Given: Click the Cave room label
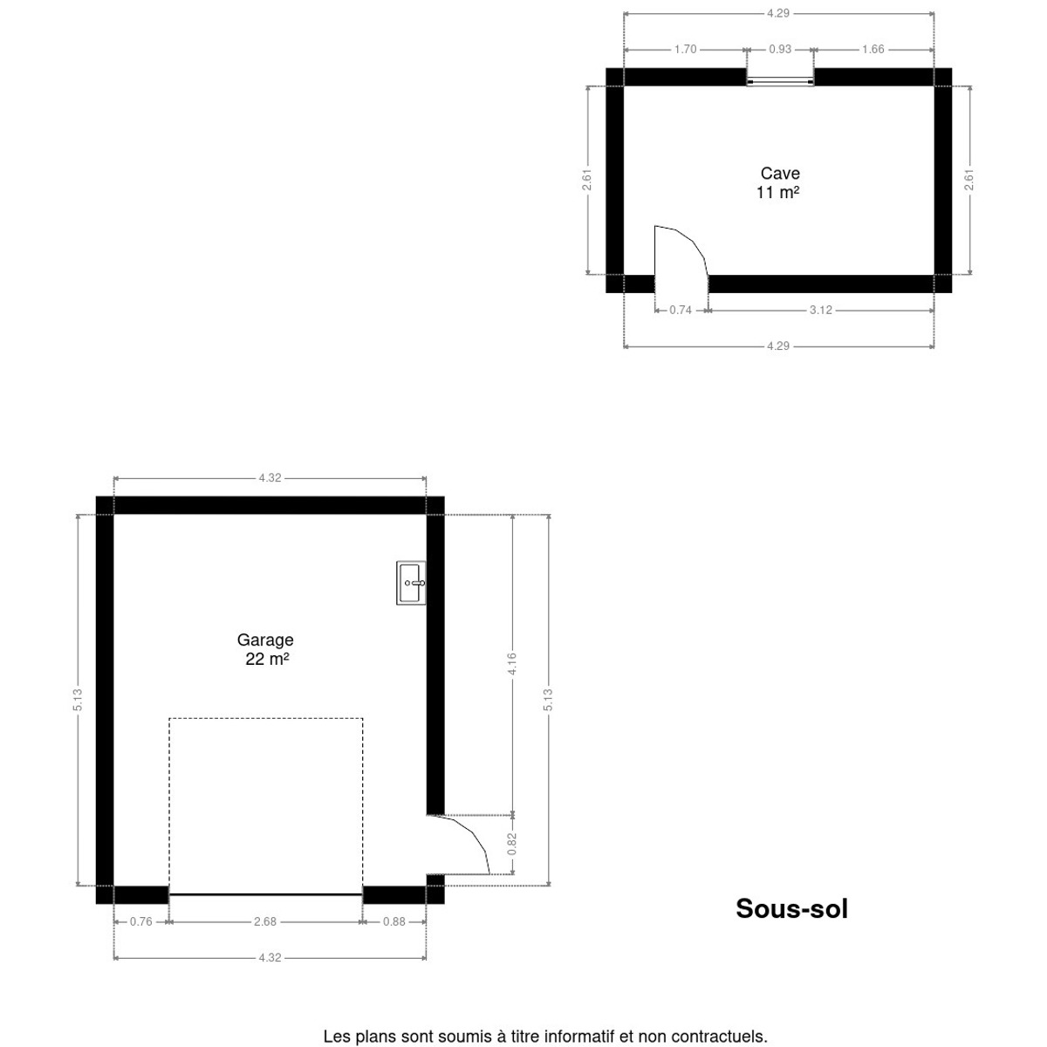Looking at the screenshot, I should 779,174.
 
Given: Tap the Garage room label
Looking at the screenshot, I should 265,640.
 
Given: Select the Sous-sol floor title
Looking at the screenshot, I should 791,908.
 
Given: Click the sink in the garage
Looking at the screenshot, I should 411,583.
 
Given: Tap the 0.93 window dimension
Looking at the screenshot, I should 780,50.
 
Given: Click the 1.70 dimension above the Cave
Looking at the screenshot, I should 685,50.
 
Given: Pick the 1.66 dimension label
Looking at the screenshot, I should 873,50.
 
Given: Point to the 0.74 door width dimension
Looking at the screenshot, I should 681,310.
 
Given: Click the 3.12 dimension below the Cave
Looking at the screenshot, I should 821,310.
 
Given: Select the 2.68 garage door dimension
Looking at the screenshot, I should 265,921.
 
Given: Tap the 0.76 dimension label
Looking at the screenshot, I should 140,921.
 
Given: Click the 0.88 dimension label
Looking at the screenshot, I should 394,921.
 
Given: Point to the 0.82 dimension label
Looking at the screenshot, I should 512,844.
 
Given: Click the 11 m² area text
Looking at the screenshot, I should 777,193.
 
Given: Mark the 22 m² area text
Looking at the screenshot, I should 267,660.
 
